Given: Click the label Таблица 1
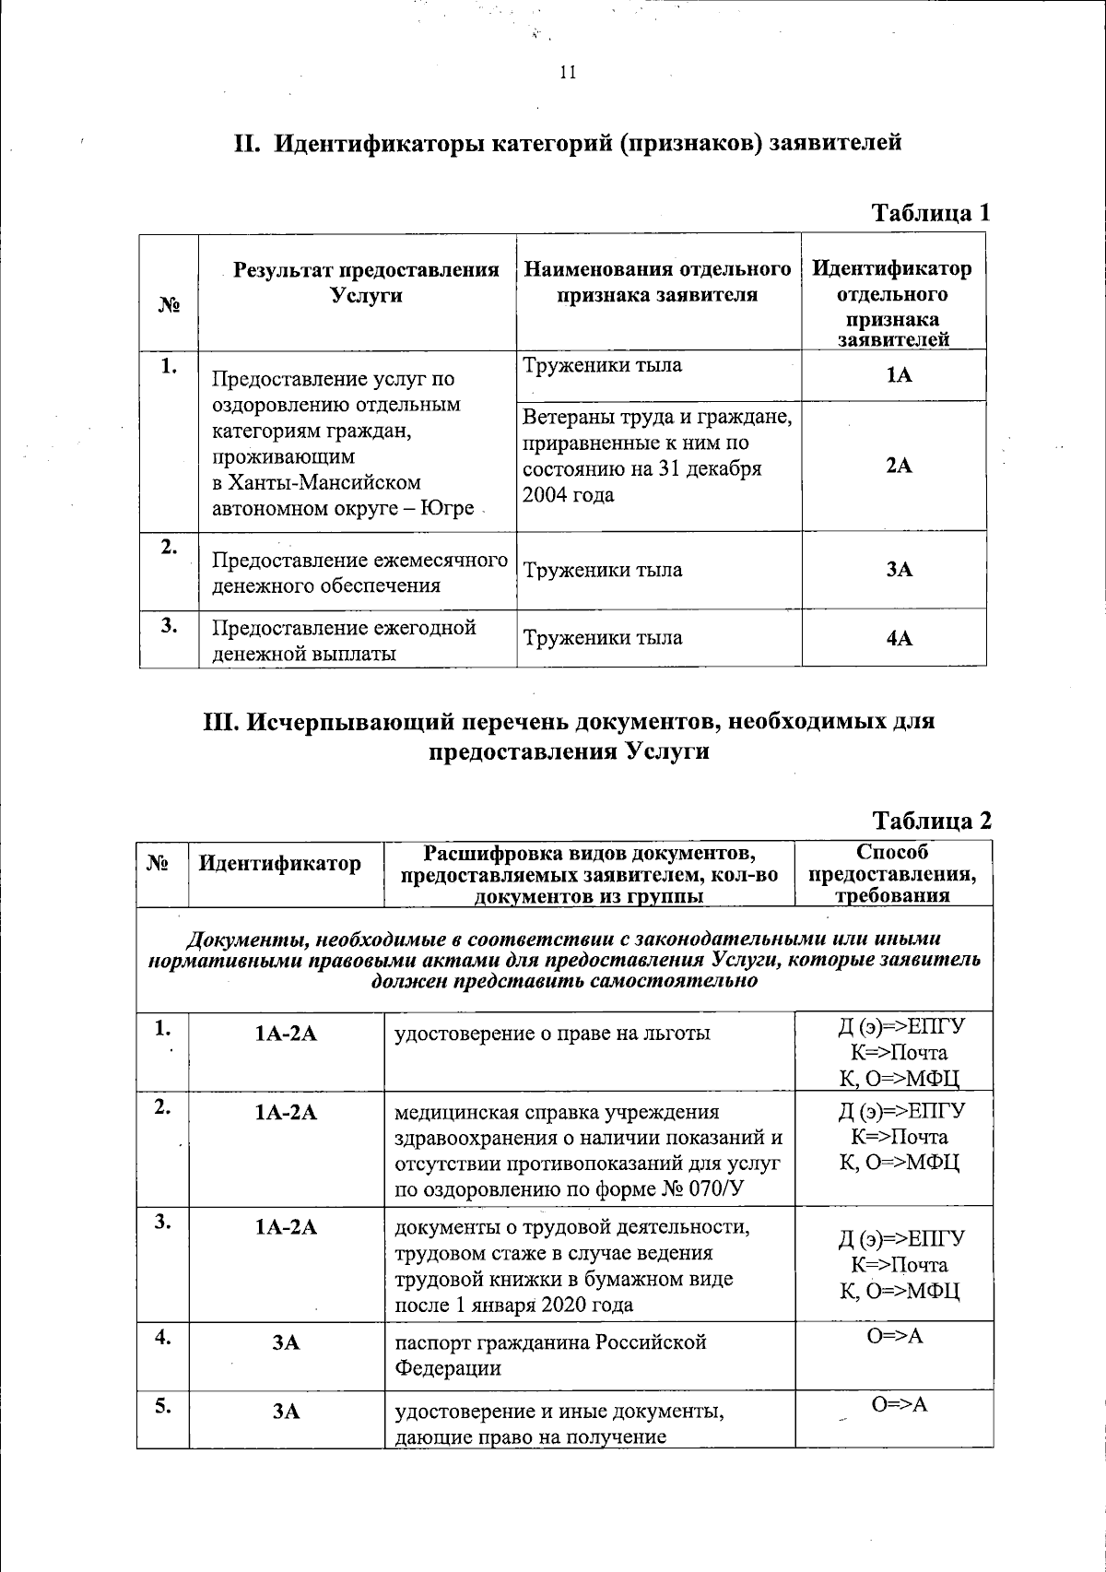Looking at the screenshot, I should coord(931,213).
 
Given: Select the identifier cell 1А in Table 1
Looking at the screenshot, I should coord(899,376).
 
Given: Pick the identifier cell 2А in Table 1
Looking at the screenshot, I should coord(899,467).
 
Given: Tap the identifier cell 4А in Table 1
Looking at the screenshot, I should coord(899,638).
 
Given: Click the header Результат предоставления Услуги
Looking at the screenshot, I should coord(366,282).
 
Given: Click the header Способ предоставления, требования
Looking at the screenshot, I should coord(892,874).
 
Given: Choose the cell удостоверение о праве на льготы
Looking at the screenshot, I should coord(552,1034).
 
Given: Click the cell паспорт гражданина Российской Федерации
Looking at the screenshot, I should coord(550,1354).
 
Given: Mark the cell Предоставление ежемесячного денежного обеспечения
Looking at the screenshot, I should coord(359,573).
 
